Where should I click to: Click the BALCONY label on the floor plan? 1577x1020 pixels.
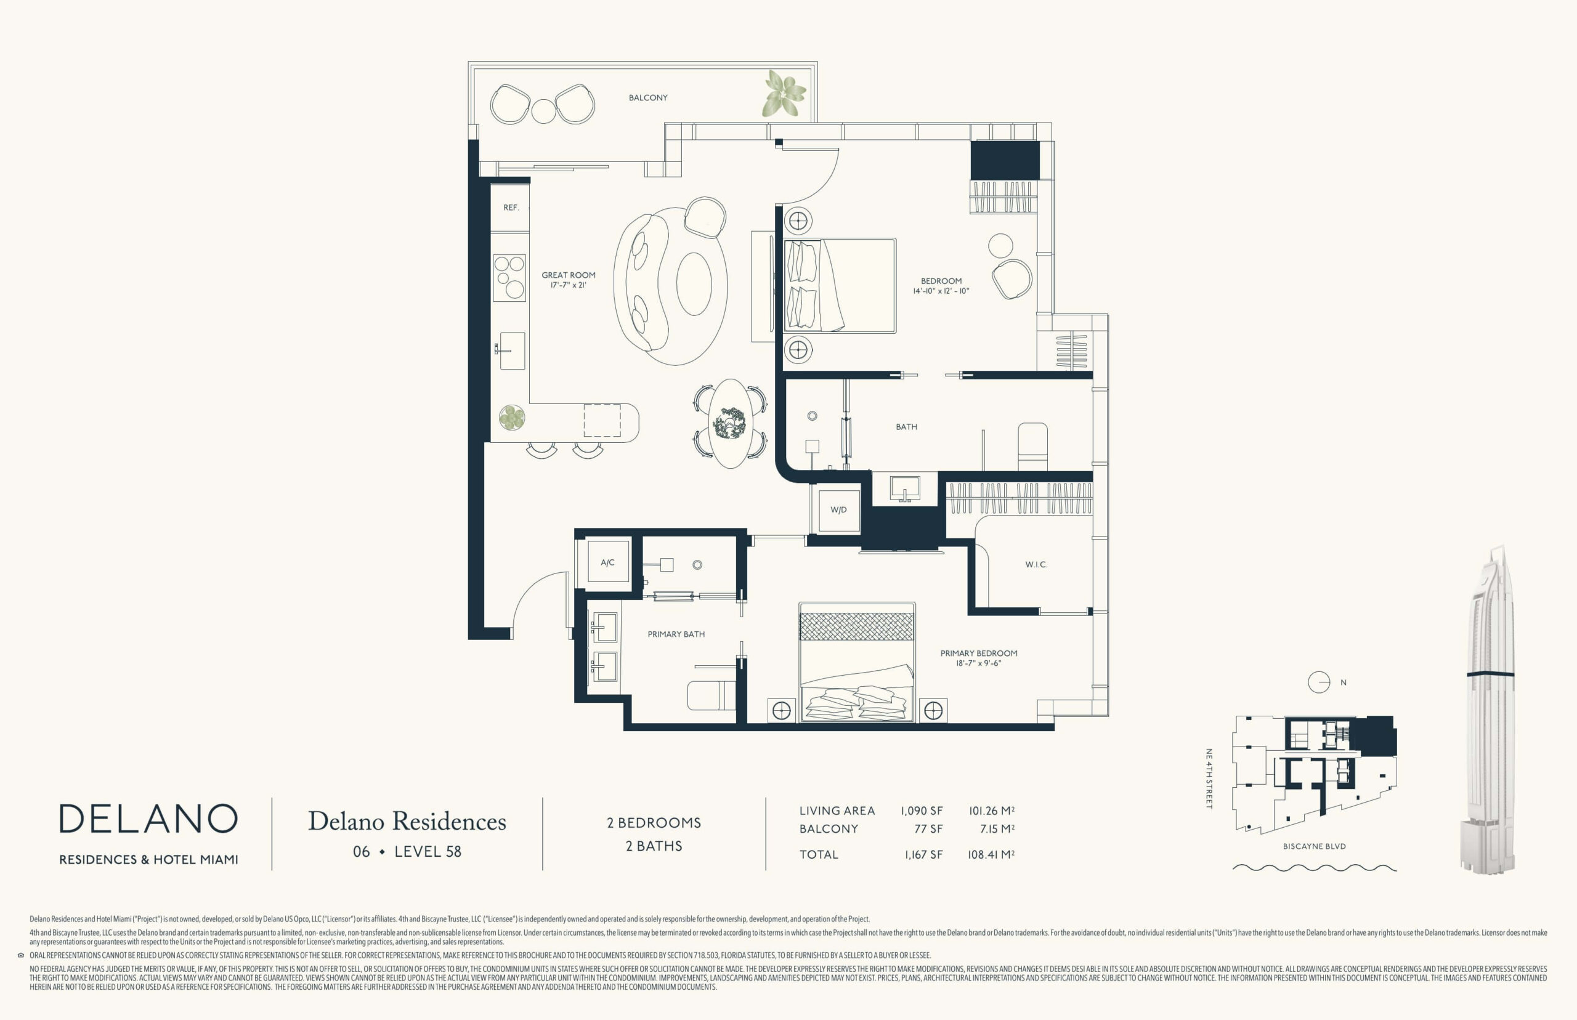pyautogui.click(x=648, y=97)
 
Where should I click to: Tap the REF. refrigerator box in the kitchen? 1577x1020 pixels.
pyautogui.click(x=510, y=208)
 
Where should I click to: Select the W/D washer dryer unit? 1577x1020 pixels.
pyautogui.click(x=838, y=510)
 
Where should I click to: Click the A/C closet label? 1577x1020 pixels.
pyautogui.click(x=607, y=563)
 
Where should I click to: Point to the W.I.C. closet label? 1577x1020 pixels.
pyautogui.click(x=1036, y=564)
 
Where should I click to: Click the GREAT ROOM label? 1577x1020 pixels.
pyautogui.click(x=569, y=275)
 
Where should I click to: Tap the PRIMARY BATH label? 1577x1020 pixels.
pyautogui.click(x=676, y=634)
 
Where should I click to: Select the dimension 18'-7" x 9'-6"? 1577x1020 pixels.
pyautogui.click(x=978, y=663)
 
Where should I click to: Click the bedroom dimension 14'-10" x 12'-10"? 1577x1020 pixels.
pyautogui.click(x=941, y=291)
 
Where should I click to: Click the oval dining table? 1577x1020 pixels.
pyautogui.click(x=731, y=423)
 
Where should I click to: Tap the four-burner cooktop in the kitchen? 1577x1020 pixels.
pyautogui.click(x=509, y=278)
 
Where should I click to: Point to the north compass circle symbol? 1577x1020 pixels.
pyautogui.click(x=1319, y=682)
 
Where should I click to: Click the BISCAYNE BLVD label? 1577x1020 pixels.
pyautogui.click(x=1314, y=846)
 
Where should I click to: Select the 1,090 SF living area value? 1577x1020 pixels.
pyautogui.click(x=922, y=811)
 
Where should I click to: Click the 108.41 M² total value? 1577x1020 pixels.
pyautogui.click(x=991, y=854)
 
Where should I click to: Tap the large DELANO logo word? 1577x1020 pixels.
pyautogui.click(x=148, y=819)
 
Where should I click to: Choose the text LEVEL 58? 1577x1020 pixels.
pyautogui.click(x=428, y=852)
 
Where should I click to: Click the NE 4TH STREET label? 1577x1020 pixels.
pyautogui.click(x=1208, y=779)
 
